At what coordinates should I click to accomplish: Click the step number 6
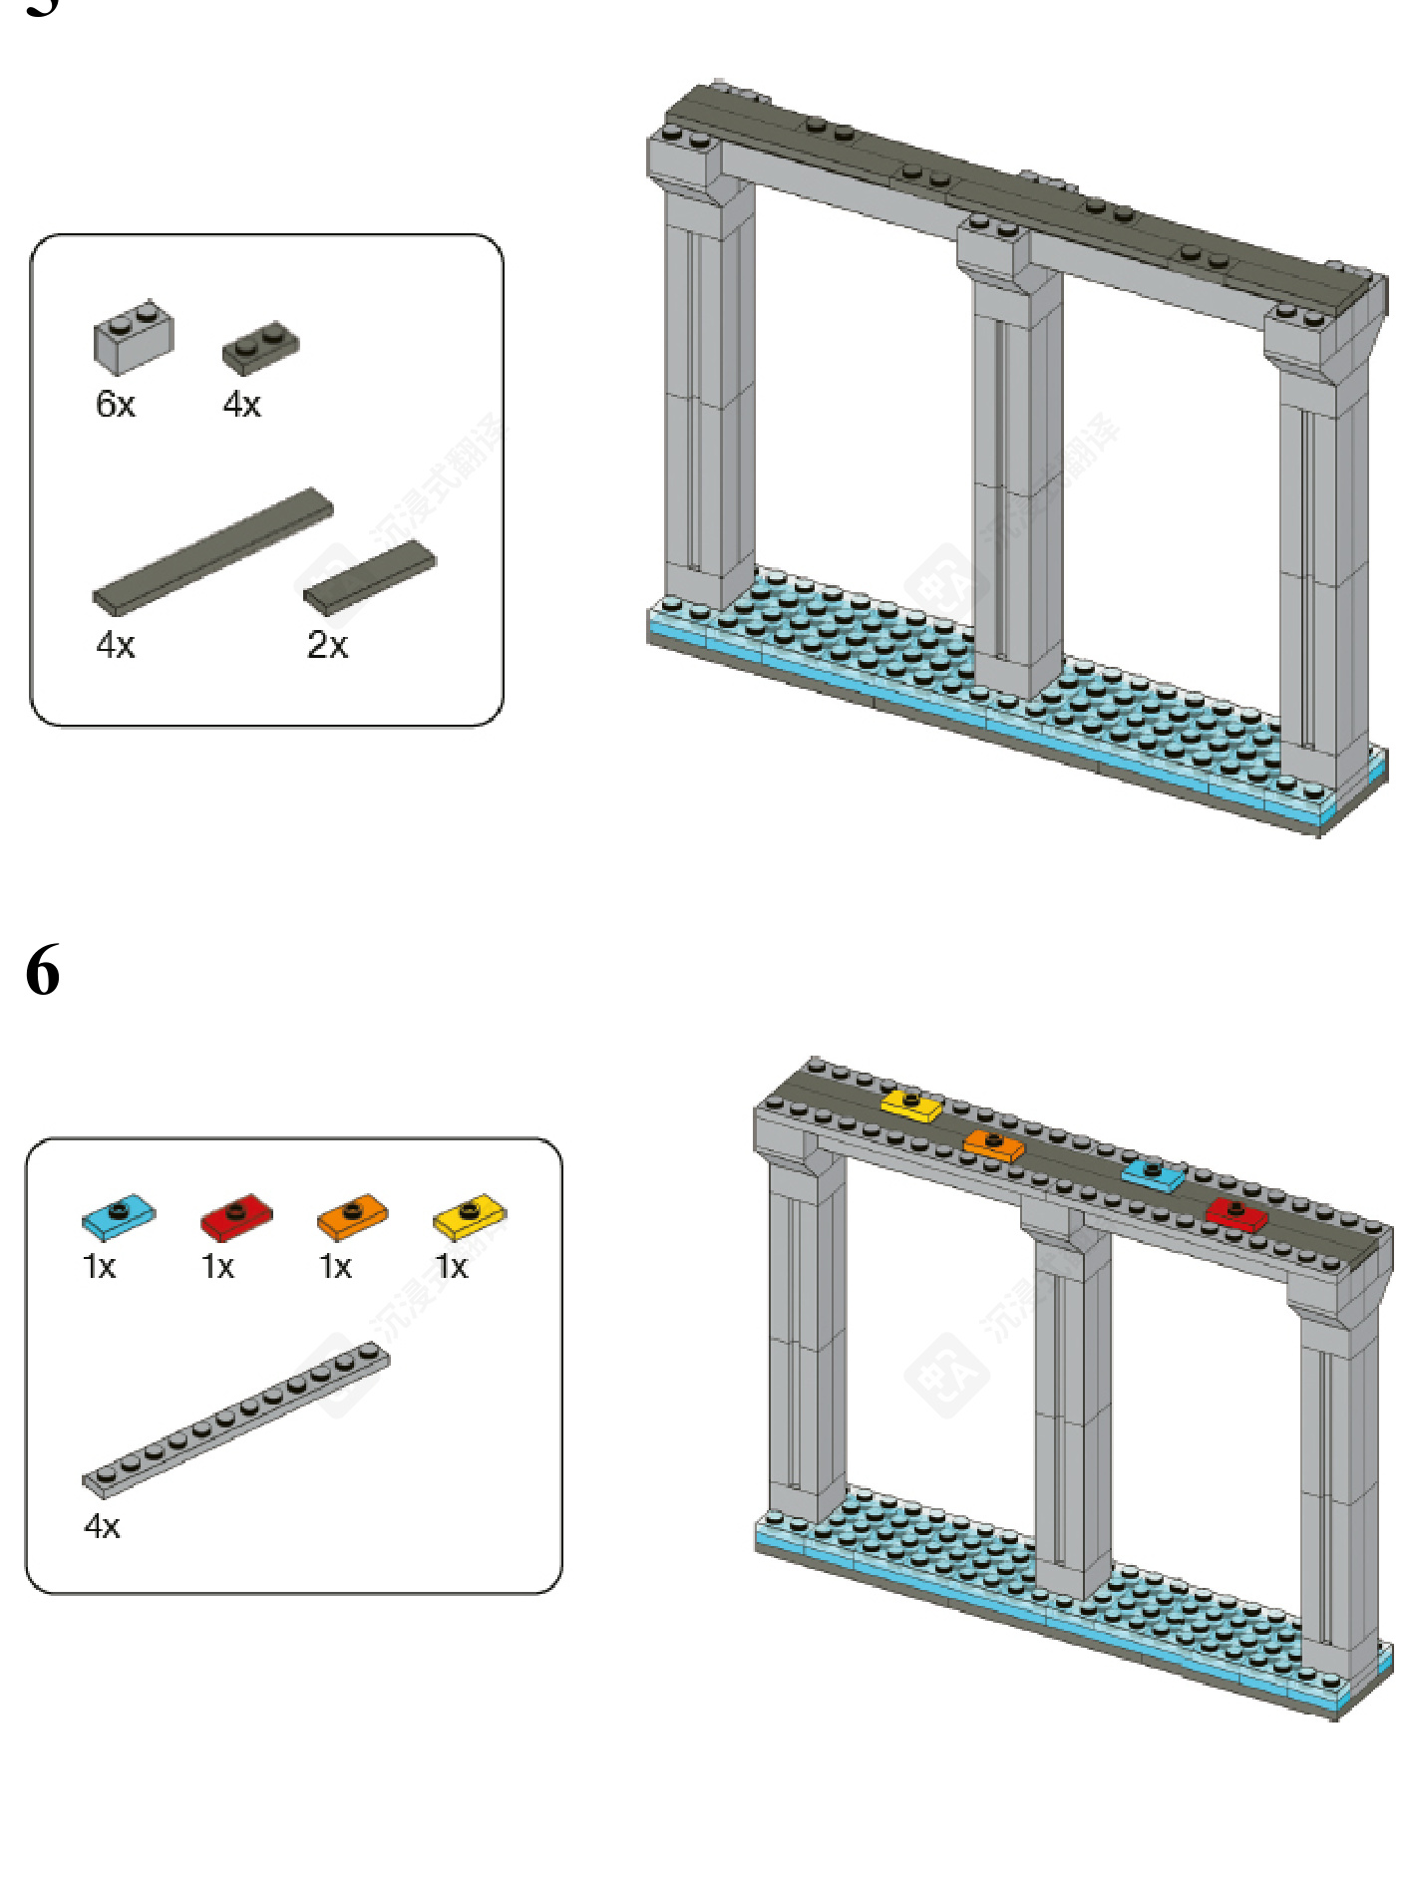[43, 970]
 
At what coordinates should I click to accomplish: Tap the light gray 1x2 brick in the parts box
[134, 337]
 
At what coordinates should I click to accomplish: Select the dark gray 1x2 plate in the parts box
[260, 346]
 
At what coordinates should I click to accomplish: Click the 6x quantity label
[116, 404]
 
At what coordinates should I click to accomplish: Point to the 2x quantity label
[327, 645]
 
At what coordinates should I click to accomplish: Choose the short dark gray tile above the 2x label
[370, 577]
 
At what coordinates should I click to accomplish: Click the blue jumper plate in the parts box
[119, 1215]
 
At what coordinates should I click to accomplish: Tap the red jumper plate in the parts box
[236, 1216]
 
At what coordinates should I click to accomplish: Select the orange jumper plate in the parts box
[352, 1216]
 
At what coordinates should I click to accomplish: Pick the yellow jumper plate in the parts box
[470, 1215]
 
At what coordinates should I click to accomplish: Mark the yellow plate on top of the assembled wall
[911, 1104]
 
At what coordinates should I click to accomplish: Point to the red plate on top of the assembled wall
[1236, 1214]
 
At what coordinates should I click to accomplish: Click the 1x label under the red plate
[217, 1267]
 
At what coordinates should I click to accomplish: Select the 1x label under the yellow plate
[452, 1267]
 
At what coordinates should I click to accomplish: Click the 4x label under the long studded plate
[102, 1526]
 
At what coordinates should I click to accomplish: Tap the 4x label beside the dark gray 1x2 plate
[242, 404]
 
